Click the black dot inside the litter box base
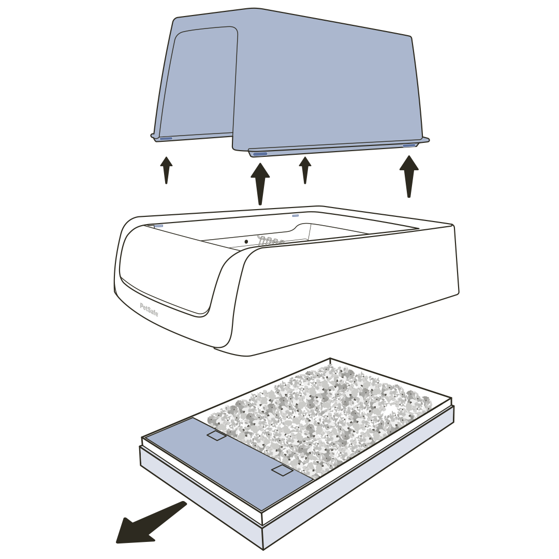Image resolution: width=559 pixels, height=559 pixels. [x=246, y=241]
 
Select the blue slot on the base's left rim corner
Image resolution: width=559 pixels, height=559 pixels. [x=158, y=226]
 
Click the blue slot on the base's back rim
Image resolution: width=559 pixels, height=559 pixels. [x=296, y=215]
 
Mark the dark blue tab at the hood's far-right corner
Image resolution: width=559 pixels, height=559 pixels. [x=409, y=145]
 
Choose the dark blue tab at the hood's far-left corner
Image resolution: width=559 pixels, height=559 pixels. [x=166, y=138]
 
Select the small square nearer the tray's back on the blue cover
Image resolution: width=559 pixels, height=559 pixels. [x=216, y=436]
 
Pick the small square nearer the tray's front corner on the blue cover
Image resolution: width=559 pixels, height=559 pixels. [x=282, y=470]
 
